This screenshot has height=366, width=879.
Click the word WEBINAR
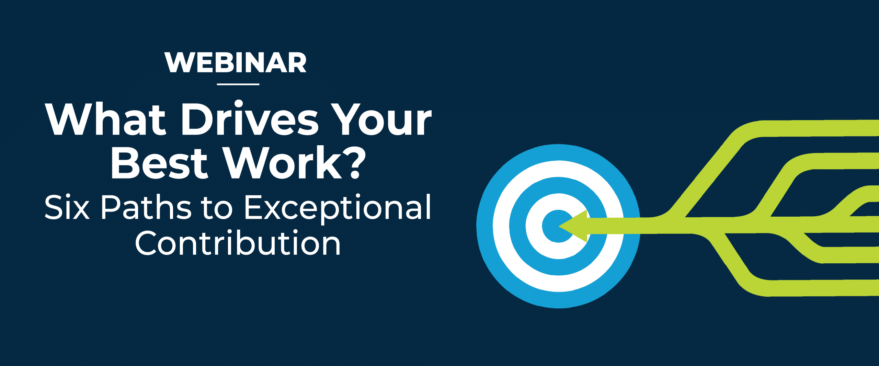click(236, 62)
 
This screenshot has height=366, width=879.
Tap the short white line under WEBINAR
click(238, 84)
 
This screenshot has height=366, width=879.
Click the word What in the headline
click(106, 119)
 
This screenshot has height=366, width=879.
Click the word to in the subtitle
click(217, 207)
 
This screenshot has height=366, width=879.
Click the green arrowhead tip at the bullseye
click(559, 226)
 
